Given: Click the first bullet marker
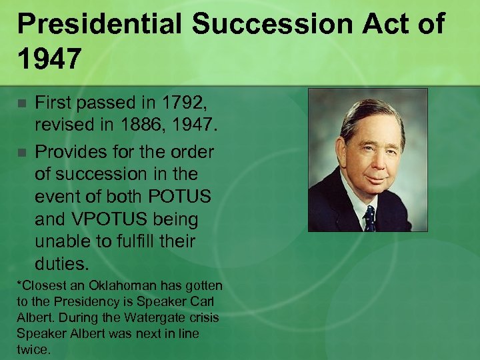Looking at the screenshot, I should click(21, 104).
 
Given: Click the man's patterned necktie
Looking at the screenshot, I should click(369, 217).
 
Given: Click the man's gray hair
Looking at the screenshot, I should click(371, 112).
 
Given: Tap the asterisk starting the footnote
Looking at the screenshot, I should click(19, 285).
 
